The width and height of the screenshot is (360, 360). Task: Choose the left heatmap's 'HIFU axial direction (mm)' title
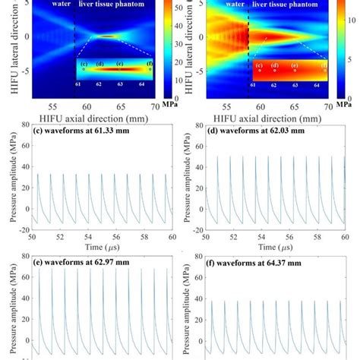(91, 118)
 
